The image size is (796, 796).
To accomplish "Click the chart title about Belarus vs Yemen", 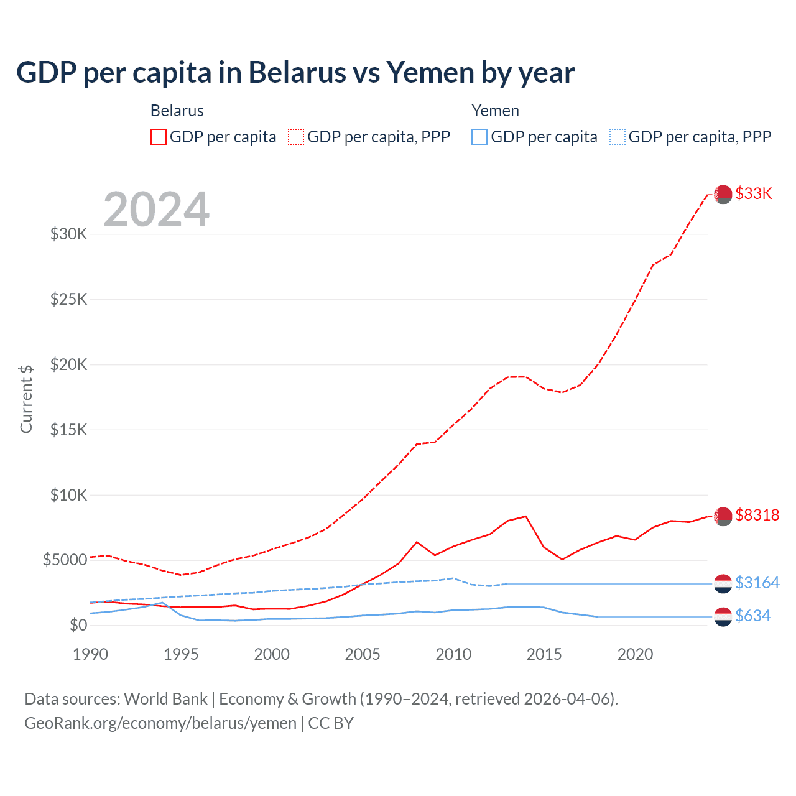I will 295,73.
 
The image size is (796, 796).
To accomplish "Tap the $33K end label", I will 754,193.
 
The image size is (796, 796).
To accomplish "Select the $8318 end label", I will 757,515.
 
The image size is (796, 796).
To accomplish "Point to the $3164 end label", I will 757,583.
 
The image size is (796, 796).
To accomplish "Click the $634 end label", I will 752,616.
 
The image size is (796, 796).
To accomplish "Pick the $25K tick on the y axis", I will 69,299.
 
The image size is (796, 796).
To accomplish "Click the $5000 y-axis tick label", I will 65,560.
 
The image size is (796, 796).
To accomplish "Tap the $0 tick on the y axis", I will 78,625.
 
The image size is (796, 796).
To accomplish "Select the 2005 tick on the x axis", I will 363,654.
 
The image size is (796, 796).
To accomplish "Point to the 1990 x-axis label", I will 90,654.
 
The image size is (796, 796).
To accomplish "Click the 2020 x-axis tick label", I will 635,654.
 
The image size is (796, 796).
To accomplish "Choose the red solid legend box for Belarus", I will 159,137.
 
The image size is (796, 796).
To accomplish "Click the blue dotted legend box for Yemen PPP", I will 618,137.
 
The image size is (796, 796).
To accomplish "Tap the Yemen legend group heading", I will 495,111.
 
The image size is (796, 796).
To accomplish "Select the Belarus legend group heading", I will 177,111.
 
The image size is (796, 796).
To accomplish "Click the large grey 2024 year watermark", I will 156,210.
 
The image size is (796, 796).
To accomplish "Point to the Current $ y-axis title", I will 26,399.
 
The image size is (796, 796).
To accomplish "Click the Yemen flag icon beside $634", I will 723,616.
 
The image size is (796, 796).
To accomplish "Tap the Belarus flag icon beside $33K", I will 723,194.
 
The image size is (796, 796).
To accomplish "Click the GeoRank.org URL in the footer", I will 160,723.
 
